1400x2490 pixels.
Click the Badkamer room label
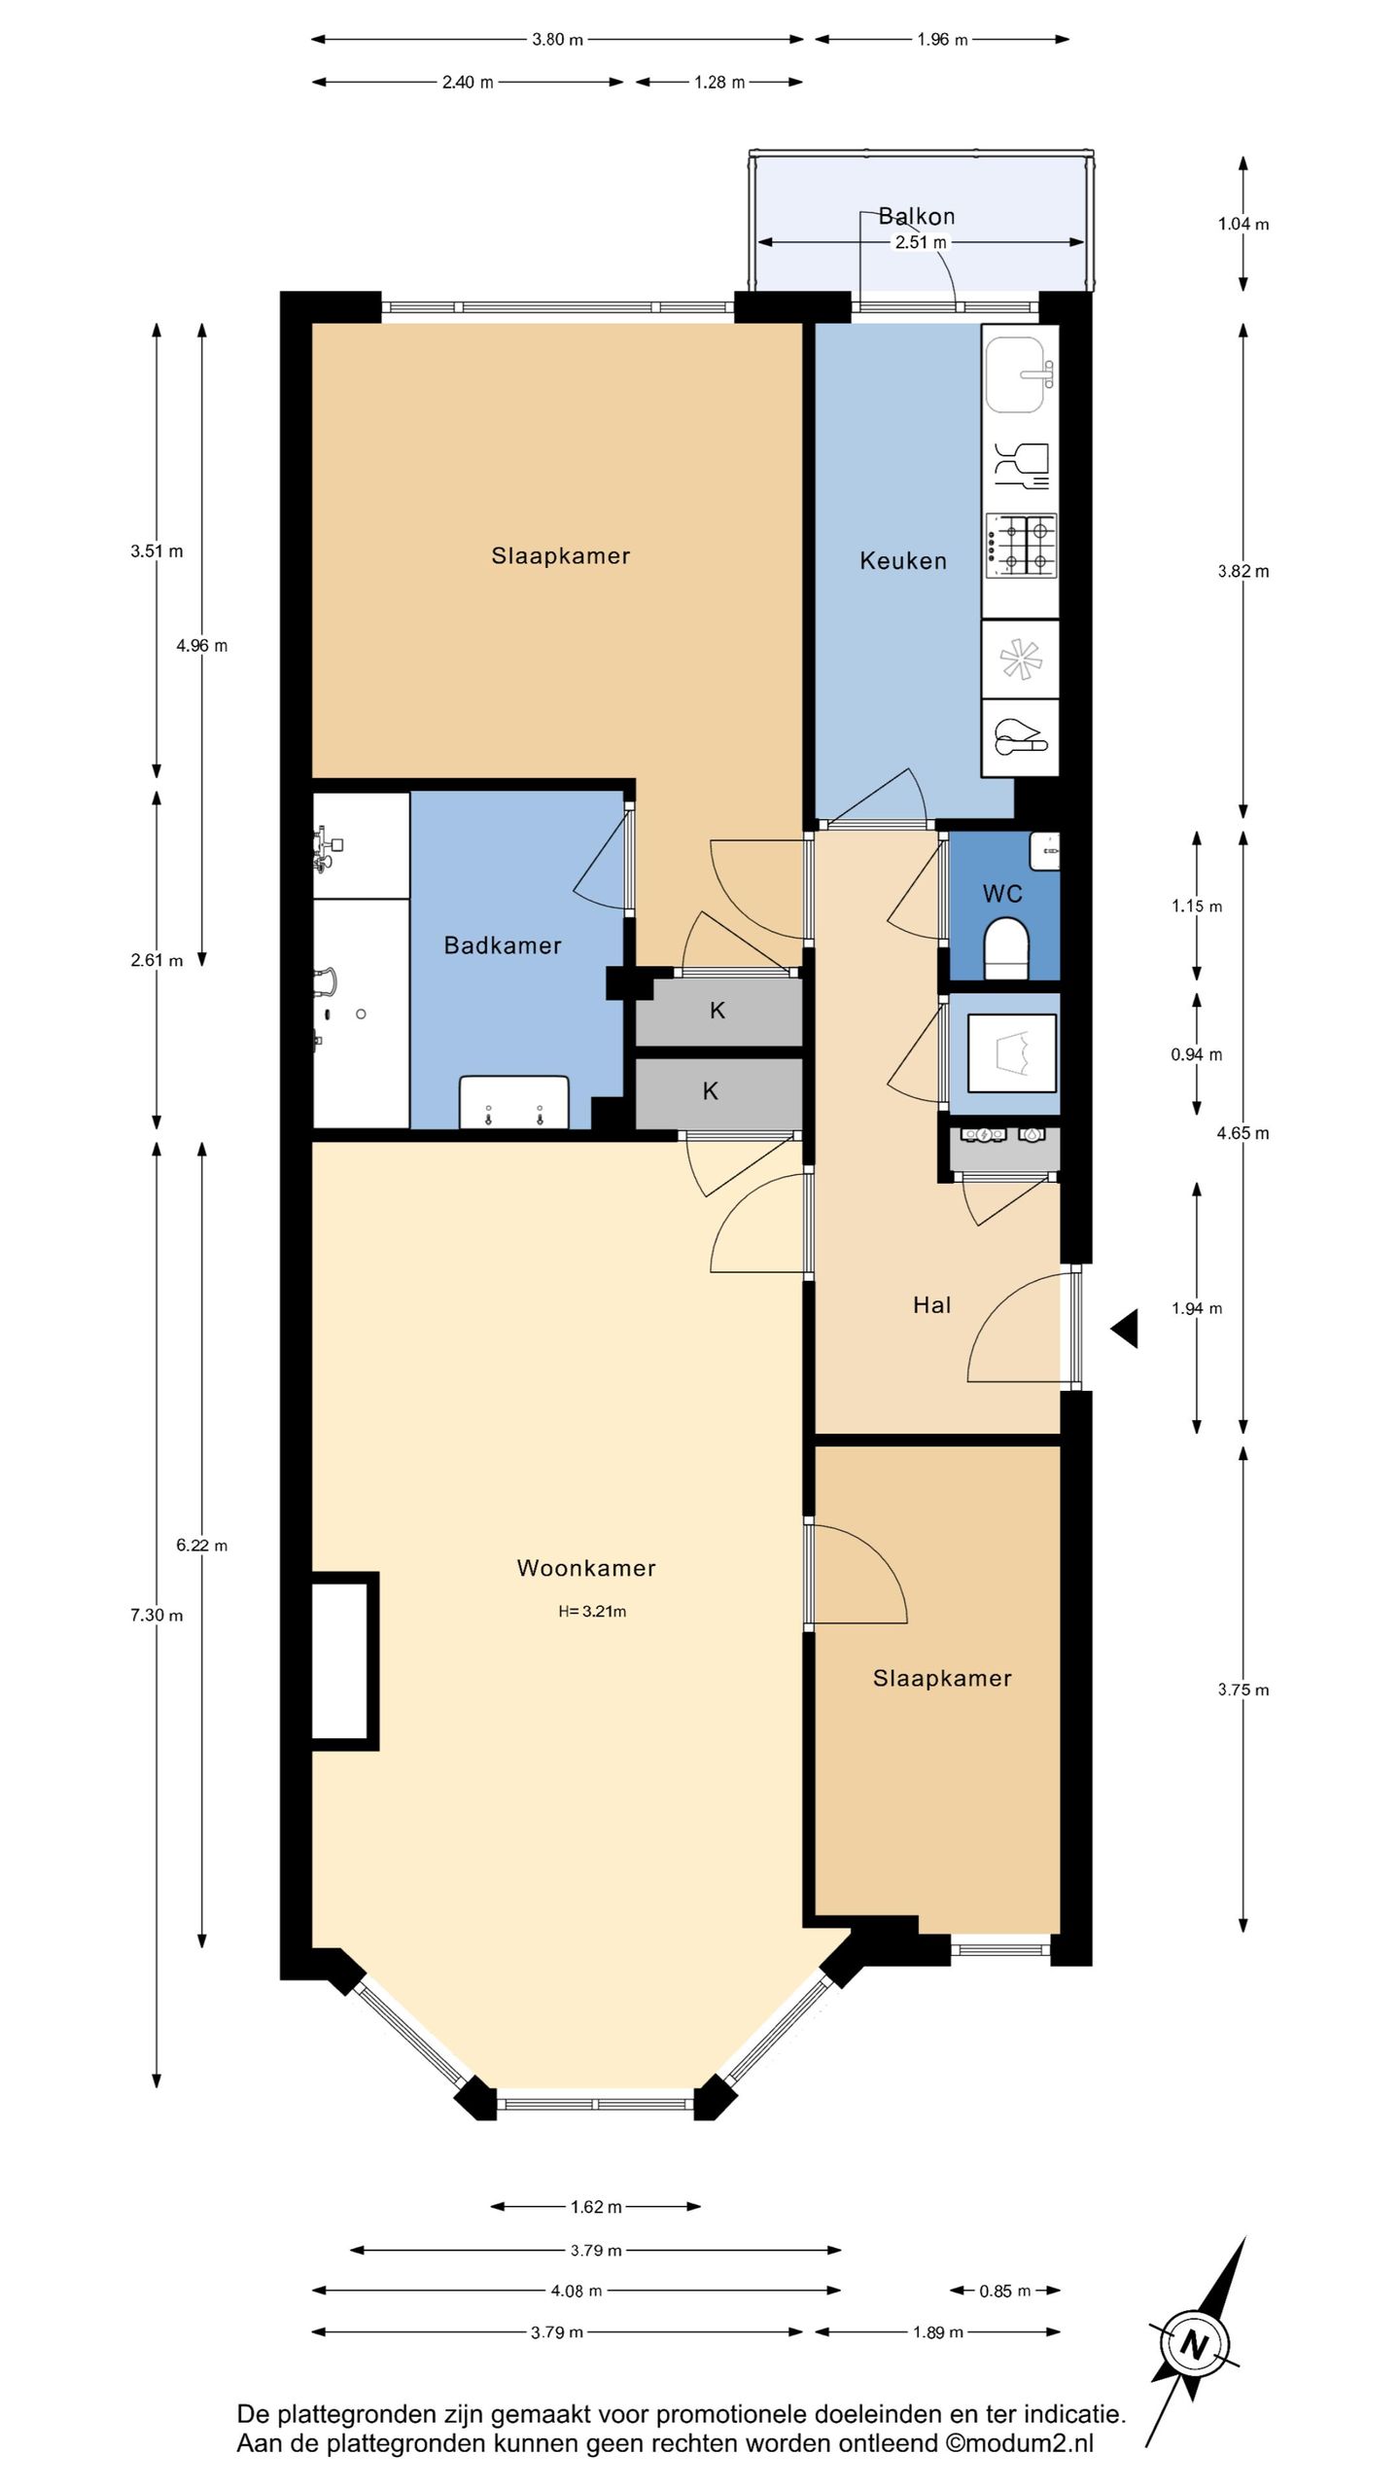pos(503,944)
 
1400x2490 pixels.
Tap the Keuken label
pos(903,560)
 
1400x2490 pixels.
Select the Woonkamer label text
pos(586,1567)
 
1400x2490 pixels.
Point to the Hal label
pos(931,1304)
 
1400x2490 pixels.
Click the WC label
pos(1002,893)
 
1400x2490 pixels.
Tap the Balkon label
pos(917,216)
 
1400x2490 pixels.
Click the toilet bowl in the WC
pos(1005,948)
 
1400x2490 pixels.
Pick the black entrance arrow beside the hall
pos(1126,1328)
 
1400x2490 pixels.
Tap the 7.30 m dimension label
pos(157,1615)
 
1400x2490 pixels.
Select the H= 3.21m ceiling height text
pos(592,1611)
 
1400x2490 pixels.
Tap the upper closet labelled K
pos(717,1011)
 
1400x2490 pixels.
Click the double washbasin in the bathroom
pos(514,1102)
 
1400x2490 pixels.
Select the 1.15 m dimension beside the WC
pos(1197,906)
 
